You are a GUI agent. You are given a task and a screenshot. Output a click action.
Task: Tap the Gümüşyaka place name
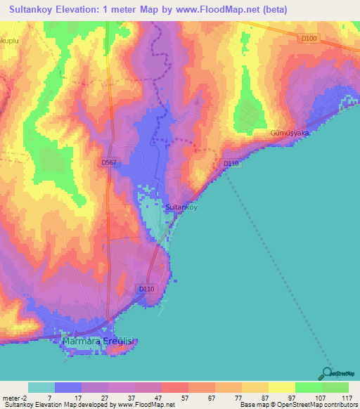coord(290,133)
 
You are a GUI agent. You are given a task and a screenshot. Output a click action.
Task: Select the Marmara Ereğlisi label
coord(103,342)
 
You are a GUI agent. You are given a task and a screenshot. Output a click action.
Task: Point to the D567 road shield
coord(108,162)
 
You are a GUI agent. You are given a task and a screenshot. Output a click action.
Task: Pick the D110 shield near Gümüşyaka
coord(231,164)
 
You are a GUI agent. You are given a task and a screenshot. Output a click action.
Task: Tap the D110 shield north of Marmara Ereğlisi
coord(146,289)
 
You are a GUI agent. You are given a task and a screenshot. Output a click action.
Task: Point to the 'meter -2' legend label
coord(15,398)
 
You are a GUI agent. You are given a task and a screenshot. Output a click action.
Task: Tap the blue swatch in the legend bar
coord(68,387)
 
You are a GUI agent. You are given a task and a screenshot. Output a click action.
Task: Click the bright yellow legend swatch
coord(281,387)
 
